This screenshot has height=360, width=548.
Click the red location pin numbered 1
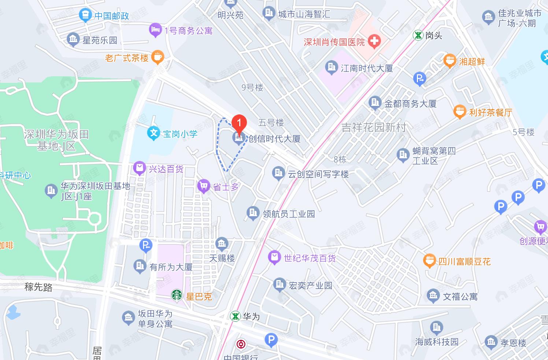[239, 124]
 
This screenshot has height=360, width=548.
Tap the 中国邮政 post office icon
[85, 15]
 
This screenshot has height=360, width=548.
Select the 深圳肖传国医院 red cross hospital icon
[374, 41]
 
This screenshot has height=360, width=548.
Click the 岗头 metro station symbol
[418, 35]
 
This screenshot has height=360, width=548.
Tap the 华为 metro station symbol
[235, 316]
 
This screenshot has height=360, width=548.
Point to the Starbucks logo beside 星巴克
[177, 295]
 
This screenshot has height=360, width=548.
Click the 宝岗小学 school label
[180, 134]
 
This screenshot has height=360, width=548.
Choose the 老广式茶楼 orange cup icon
[158, 57]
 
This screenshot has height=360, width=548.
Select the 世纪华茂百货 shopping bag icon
[274, 257]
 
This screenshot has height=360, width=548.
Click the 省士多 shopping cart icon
[204, 186]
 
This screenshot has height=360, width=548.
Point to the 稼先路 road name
[38, 287]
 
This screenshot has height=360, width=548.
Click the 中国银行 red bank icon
[241, 344]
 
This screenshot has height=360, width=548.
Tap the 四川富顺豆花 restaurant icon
[429, 261]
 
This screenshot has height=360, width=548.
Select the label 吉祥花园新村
[374, 128]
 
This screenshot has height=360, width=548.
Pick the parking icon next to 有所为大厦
[146, 245]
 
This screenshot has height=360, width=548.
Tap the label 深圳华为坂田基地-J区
[56, 140]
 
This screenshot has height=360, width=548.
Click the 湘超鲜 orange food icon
[449, 60]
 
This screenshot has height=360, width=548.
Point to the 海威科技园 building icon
[437, 327]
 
